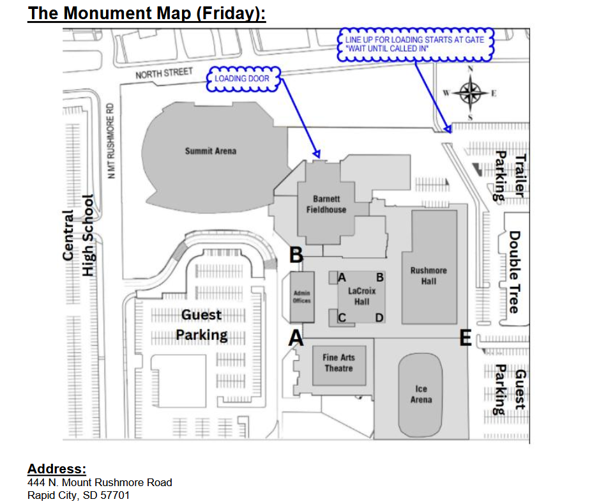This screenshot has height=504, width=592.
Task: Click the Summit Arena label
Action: tap(210, 151)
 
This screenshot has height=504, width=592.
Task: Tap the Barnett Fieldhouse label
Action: tap(330, 204)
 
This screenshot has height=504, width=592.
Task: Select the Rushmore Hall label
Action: tap(429, 275)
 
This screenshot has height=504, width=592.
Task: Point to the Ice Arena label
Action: tap(421, 394)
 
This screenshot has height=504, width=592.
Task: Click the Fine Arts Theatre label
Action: tap(338, 363)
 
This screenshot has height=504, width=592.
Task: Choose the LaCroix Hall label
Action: tap(361, 296)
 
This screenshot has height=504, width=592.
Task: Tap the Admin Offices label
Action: tap(301, 297)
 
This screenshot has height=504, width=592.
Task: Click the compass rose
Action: tap(471, 93)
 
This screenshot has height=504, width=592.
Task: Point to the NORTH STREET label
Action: tap(163, 73)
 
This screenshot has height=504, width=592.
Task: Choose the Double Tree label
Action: tap(513, 271)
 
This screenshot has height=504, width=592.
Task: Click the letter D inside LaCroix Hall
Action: tap(379, 317)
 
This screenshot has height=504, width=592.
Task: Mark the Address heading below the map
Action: tap(57, 470)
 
